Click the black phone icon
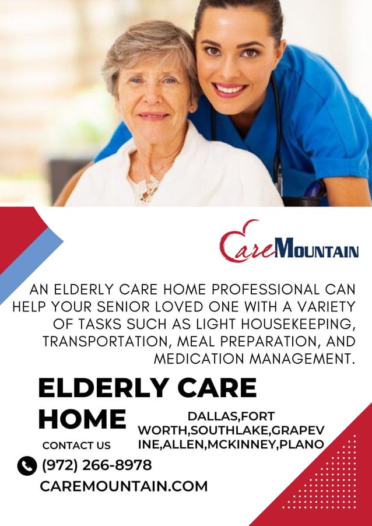27,466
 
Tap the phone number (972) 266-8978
96,465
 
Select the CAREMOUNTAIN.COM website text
124,486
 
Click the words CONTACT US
76,446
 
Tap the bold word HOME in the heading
82,419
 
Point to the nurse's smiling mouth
230,89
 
